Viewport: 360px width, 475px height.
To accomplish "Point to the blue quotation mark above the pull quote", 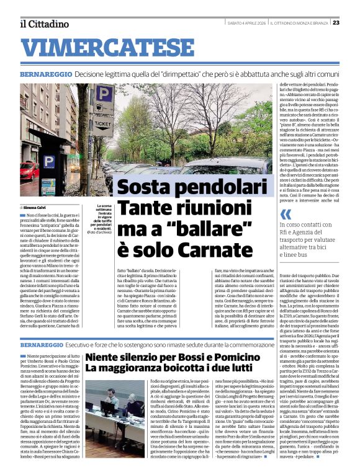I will pos(285,215).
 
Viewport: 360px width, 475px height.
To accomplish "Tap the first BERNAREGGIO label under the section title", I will pos(47,73).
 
